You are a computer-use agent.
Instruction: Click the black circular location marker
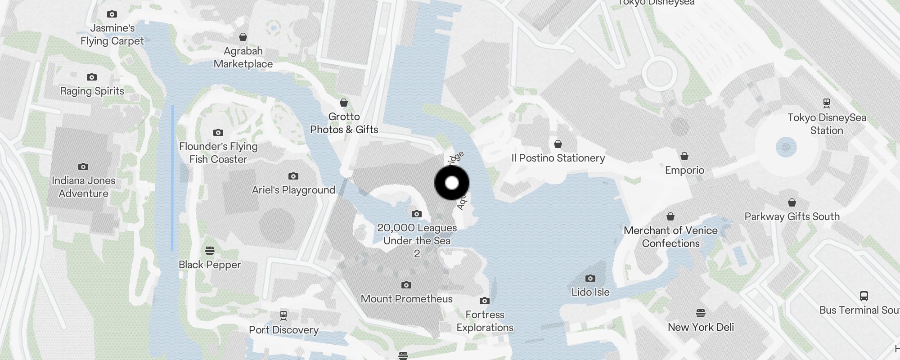coord(452,183)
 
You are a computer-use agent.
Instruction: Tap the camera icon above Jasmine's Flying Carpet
coord(112,14)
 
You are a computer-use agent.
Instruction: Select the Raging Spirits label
coord(92,91)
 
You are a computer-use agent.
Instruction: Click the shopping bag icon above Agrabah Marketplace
coord(243,37)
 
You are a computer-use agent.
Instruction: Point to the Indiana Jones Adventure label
coord(84,187)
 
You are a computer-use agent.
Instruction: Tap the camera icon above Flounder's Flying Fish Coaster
coord(218,132)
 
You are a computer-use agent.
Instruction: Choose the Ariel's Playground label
coord(293,190)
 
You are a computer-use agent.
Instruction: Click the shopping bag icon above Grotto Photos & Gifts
coord(344,103)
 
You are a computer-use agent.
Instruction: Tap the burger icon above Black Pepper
coord(210,250)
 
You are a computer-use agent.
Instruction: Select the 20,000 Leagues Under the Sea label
coord(417,234)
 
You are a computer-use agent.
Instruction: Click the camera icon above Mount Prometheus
coord(406,285)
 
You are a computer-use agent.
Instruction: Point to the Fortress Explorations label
coord(485,321)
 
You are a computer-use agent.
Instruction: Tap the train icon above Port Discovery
coord(283,315)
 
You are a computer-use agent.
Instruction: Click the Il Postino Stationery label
coord(558,158)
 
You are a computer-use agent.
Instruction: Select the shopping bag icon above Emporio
coord(684,156)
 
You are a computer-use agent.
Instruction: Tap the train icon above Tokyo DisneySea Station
coord(827,103)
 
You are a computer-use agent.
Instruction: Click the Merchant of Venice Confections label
coord(670,237)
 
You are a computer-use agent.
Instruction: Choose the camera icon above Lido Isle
coord(590,278)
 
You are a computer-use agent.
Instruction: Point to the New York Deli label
coord(701,327)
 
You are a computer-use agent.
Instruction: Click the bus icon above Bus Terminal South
coord(864,296)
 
